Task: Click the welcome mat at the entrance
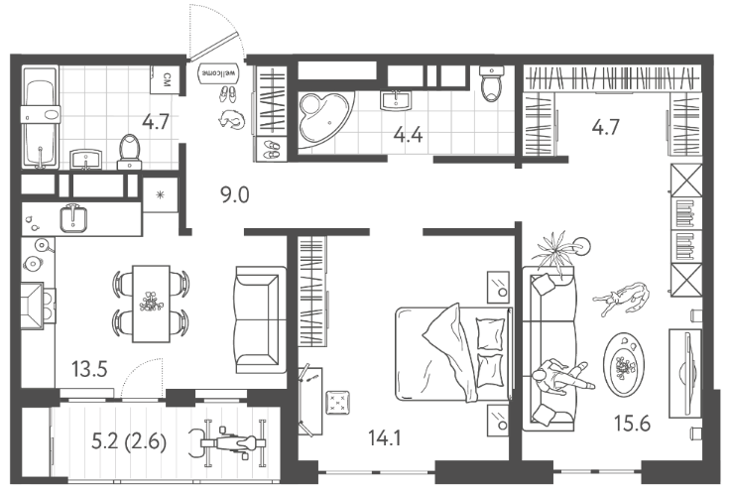tap(219, 73)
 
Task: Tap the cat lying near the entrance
tap(231, 119)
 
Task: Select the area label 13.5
tap(89, 369)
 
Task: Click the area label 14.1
tap(385, 438)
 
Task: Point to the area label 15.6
tap(632, 424)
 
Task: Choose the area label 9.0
tap(235, 195)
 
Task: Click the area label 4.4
tap(408, 135)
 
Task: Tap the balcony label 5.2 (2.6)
tap(129, 441)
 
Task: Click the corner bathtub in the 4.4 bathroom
tap(325, 120)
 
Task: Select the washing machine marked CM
tap(165, 79)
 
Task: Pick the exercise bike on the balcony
tap(227, 442)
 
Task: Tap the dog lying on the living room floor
tap(622, 298)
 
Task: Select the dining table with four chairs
tap(151, 304)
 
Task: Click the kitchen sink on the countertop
tap(73, 218)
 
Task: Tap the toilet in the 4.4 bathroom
tap(491, 83)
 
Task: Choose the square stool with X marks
tap(338, 402)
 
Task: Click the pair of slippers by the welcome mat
tap(228, 93)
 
